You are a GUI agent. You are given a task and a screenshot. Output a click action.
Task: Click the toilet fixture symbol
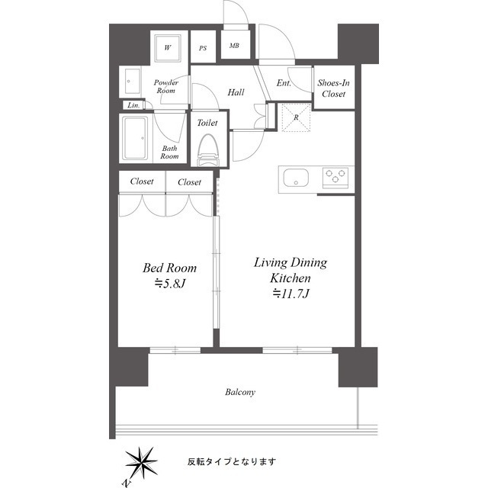point(208,149)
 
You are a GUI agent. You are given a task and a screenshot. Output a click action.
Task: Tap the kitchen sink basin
point(296,178)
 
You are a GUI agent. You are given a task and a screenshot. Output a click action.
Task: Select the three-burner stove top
point(335,178)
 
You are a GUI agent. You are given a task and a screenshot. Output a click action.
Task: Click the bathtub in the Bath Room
point(135,138)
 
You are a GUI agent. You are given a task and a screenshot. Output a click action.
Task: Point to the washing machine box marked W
point(168,47)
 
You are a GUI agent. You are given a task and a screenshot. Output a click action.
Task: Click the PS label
point(203,48)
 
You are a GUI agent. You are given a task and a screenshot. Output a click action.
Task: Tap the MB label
point(234,46)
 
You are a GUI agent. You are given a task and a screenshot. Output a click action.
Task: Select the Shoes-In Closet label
point(334,88)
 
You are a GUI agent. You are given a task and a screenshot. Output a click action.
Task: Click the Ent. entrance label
point(284,83)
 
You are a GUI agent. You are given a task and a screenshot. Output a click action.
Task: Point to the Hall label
point(236,92)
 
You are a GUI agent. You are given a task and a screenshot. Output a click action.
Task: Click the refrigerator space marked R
point(296,117)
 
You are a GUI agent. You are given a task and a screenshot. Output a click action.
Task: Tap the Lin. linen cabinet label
point(133,105)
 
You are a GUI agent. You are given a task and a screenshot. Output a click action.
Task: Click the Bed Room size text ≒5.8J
point(170,284)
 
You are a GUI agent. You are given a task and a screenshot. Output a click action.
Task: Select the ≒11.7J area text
point(291,294)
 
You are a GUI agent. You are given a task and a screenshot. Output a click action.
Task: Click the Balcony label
point(240,392)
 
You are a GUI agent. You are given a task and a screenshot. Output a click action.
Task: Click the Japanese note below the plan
point(232,461)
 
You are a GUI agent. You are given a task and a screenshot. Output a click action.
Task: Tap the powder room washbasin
point(133,82)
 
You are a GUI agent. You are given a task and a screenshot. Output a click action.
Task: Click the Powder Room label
point(166,86)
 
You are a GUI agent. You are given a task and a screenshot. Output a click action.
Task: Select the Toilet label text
point(207,123)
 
